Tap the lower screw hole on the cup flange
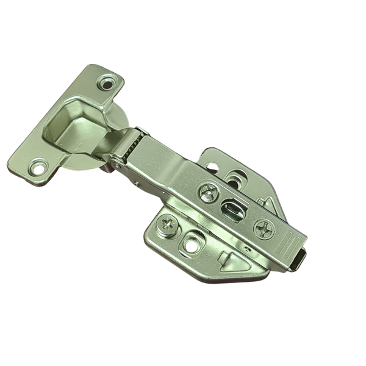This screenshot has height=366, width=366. [39, 164]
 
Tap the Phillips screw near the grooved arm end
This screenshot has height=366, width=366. [264, 230]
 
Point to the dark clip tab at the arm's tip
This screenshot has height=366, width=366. [298, 259]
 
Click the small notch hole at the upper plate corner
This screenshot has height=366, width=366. [212, 167]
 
